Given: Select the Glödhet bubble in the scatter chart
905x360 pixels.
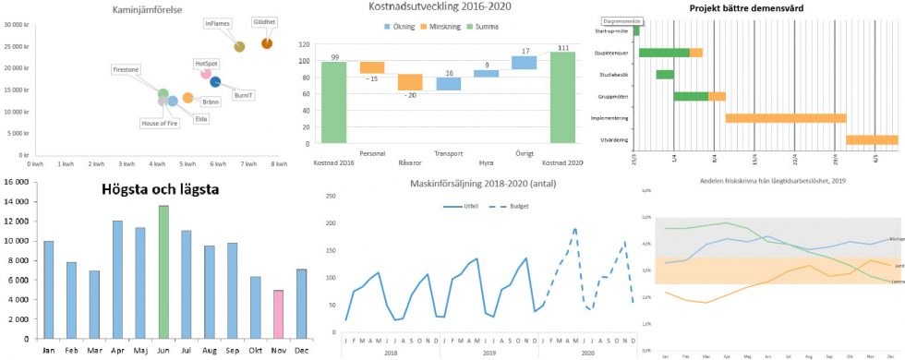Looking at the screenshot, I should point(267,43).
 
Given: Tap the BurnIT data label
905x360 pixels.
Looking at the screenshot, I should point(243,95).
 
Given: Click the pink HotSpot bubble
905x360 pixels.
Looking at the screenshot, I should point(206,74).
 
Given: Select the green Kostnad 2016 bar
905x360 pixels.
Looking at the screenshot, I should point(334,102).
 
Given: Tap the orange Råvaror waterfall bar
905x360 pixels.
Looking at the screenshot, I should point(410,82).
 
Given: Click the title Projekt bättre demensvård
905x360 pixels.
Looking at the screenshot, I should point(748,8).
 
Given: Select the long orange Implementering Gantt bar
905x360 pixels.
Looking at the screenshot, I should point(786,118).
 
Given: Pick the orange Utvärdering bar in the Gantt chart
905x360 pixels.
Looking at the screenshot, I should point(872,140).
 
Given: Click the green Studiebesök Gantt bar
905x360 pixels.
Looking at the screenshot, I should point(665,74).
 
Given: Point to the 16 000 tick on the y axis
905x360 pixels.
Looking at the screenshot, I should point(16,181).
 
